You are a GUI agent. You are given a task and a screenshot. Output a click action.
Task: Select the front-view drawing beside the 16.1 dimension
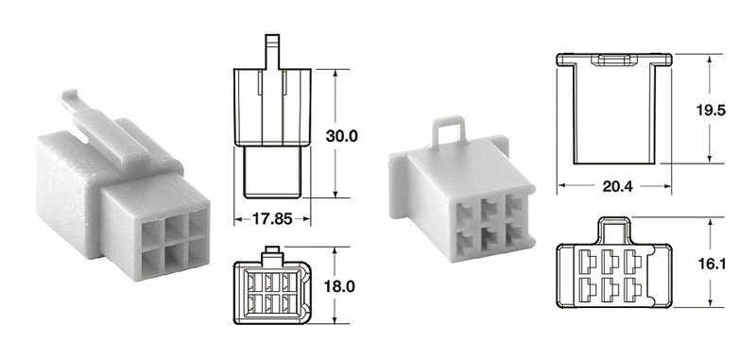614,274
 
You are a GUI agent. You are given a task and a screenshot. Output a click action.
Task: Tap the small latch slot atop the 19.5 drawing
612,60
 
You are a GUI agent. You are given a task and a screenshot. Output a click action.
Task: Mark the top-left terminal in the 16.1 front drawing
586,259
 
